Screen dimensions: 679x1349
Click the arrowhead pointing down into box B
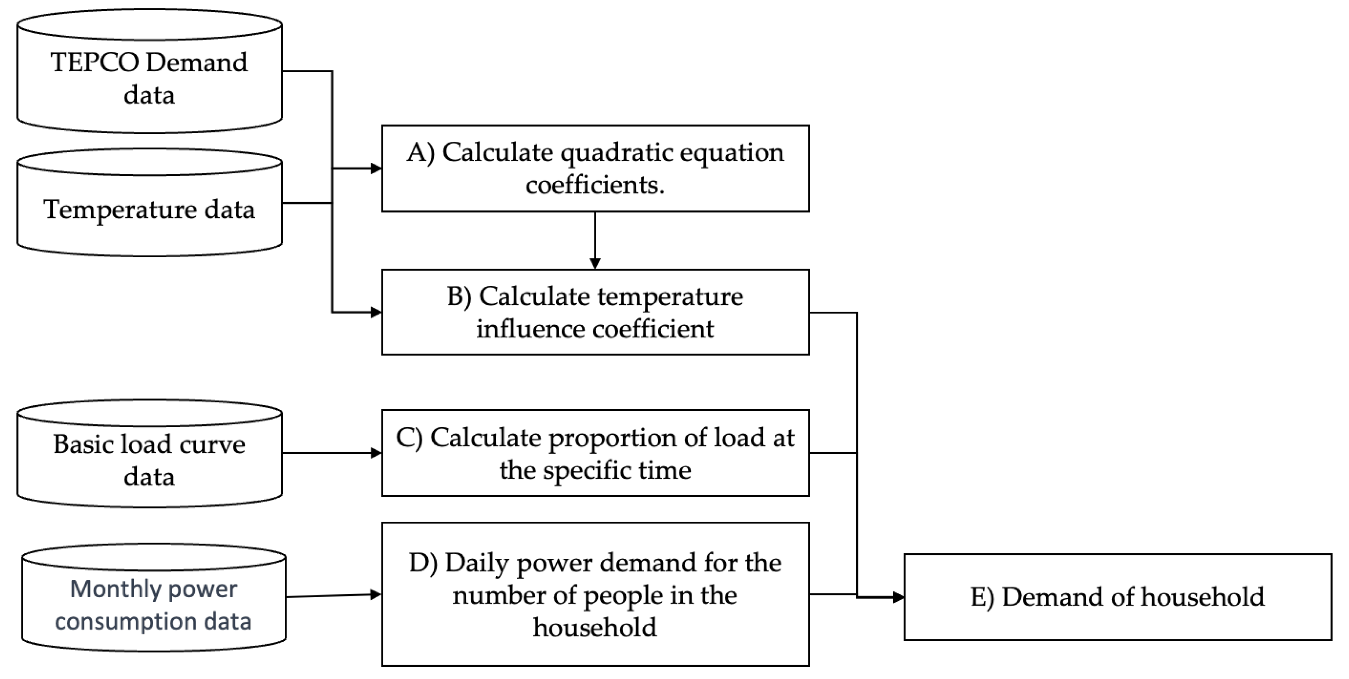coord(595,263)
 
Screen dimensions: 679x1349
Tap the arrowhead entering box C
coord(376,453)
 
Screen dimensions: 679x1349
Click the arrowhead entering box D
coord(376,594)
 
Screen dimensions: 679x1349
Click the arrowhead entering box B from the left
coord(376,313)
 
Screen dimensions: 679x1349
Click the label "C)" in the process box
coord(409,438)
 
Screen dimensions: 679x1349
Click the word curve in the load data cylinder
coord(212,445)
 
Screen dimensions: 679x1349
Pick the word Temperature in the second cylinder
coord(119,210)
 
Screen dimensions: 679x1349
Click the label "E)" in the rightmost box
coord(982,597)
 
